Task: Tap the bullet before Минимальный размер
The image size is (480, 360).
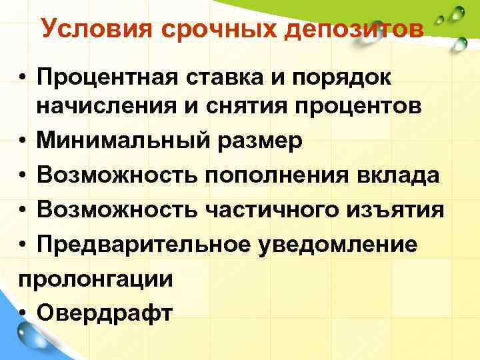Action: pos(23,141)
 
